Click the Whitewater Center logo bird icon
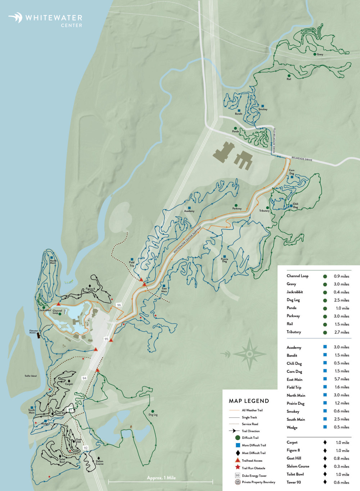(16, 17)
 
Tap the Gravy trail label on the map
(320, 54)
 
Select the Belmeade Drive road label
(302, 159)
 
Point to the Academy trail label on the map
(189, 211)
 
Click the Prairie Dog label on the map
(224, 260)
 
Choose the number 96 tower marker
(119, 305)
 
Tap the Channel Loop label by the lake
(57, 312)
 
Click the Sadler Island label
(31, 376)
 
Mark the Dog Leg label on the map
(153, 415)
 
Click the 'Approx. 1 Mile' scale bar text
(161, 478)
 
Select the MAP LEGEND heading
(249, 401)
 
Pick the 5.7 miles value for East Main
(342, 379)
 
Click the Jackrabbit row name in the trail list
(294, 292)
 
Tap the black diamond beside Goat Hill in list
(325, 458)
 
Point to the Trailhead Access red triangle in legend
(237, 460)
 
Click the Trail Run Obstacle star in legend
(237, 468)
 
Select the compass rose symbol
(249, 354)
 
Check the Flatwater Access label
(33, 331)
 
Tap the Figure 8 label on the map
(90, 289)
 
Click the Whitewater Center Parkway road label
(187, 240)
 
